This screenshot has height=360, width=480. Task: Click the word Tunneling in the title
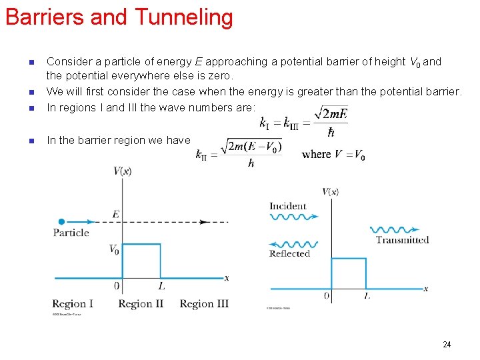188,17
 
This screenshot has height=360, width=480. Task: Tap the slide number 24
447,344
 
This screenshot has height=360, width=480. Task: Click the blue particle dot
61,221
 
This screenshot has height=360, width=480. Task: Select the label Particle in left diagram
71,233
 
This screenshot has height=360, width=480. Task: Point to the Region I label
73,304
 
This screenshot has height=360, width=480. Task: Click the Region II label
141,304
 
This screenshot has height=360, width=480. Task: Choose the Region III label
204,304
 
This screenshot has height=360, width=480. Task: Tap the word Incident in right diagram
288,206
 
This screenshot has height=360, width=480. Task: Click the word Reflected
289,253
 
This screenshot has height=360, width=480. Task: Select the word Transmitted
402,240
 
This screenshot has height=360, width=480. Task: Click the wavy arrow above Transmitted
399,229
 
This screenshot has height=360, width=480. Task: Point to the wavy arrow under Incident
294,216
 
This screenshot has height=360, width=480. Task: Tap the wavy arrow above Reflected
294,244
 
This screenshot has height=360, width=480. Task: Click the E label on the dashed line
115,215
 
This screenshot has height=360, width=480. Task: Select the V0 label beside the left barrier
114,249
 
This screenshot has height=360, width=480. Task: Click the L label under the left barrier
161,287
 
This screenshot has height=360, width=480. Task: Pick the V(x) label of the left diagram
123,171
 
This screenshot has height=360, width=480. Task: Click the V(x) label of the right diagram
331,192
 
